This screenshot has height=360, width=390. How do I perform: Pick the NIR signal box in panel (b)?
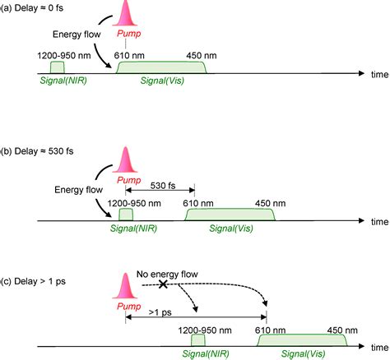coord(126,215)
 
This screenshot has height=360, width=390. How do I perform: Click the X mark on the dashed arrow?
coord(163,284)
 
